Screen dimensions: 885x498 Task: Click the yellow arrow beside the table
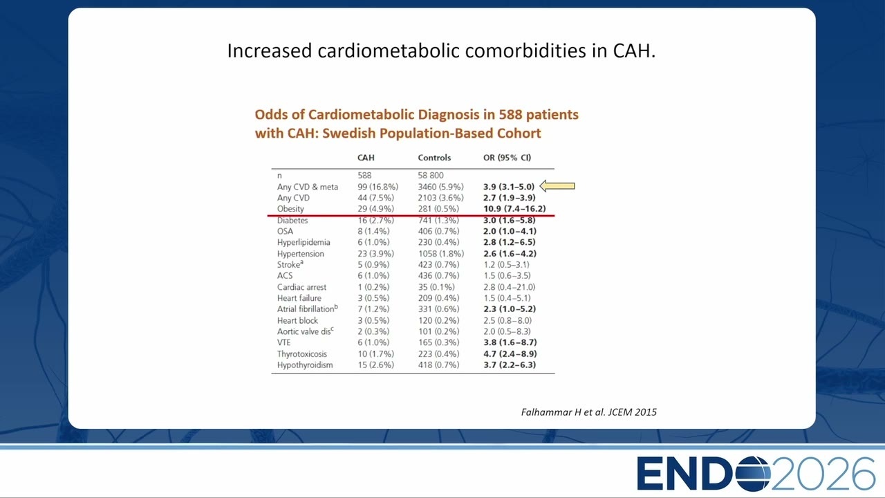pyautogui.click(x=557, y=186)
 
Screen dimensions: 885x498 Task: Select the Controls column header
pyautogui.click(x=434, y=158)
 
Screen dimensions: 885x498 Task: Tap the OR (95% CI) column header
pyautogui.click(x=507, y=158)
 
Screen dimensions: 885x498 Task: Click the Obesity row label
pyautogui.click(x=290, y=209)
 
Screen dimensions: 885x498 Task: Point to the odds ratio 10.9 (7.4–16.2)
pyautogui.click(x=514, y=209)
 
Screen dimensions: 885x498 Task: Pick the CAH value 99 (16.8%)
pyautogui.click(x=378, y=187)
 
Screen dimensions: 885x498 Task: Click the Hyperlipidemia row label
pyautogui.click(x=304, y=242)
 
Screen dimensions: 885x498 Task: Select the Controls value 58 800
pyautogui.click(x=431, y=175)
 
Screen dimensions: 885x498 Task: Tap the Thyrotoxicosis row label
pyautogui.click(x=302, y=353)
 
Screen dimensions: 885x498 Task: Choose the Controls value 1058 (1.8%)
pyautogui.click(x=441, y=254)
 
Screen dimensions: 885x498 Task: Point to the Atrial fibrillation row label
pyautogui.click(x=308, y=308)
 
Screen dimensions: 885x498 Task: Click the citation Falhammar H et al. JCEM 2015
pyautogui.click(x=588, y=412)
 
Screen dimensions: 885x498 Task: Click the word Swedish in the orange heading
pyautogui.click(x=348, y=133)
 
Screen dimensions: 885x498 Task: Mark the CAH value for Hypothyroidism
pyautogui.click(x=375, y=365)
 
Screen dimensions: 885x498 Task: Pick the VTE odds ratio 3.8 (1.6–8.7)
pyautogui.click(x=510, y=342)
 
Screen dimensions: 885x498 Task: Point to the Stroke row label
pyautogui.click(x=290, y=264)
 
